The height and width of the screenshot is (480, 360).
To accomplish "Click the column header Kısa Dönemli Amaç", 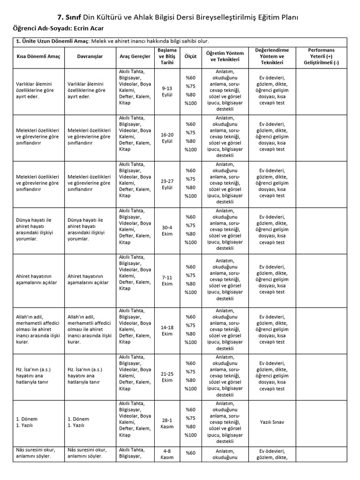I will tap(37, 57).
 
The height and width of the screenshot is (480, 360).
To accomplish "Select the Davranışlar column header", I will tap(89, 57).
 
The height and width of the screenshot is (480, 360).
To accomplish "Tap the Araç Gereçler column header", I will tap(135, 57).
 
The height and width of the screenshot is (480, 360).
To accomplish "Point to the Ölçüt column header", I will tap(190, 57).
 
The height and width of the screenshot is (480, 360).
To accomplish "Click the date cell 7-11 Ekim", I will tap(167, 280).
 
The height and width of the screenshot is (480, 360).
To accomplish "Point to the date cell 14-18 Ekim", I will tap(167, 330).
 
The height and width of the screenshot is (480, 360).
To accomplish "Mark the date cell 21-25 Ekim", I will tap(167, 377).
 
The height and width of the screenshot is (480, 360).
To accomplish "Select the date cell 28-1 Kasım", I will tap(167, 423).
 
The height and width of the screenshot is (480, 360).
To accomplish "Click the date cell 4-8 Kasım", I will tap(167, 454).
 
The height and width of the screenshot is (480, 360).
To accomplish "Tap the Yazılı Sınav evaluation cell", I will tap(272, 422).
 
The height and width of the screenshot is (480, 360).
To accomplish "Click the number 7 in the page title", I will tap(59, 17).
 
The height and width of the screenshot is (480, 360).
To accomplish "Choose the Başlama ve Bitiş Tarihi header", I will tap(167, 56).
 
